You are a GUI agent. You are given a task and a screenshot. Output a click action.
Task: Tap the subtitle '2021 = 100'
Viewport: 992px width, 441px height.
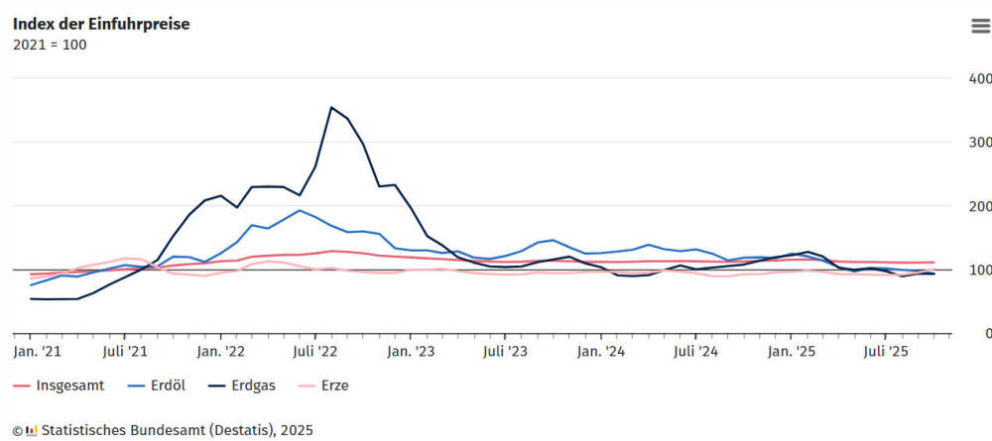point(50,45)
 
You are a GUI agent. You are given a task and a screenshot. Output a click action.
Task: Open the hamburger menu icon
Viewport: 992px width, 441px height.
point(980,27)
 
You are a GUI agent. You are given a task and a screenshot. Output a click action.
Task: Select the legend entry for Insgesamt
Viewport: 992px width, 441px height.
point(62,386)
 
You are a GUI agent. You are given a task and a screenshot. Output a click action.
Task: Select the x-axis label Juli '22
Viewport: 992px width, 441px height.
point(315,351)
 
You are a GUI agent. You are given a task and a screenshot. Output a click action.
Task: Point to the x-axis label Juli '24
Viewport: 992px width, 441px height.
point(695,351)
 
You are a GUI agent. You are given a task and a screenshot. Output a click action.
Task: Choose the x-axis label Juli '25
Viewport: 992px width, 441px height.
point(886,351)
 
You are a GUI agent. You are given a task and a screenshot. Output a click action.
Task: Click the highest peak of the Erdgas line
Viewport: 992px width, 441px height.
point(331,107)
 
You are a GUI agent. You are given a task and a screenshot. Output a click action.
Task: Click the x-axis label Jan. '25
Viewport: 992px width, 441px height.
point(792,351)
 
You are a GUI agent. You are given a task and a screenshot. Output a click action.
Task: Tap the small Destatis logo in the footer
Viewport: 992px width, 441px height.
point(31,430)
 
